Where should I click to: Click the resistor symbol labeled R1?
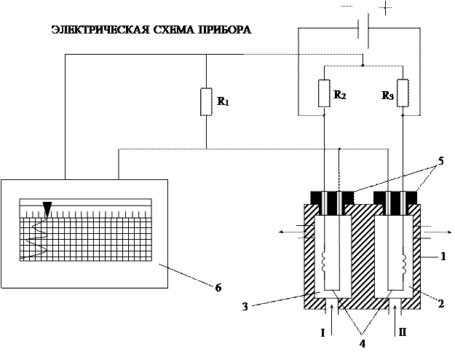point(206,102)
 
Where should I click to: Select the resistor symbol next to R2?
point(324,93)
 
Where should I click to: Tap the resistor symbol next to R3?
point(403,93)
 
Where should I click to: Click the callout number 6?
point(218,288)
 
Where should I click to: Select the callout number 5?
point(440,161)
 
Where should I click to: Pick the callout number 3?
point(245,307)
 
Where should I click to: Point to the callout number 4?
point(363,344)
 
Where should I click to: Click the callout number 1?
point(443,257)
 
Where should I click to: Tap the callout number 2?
point(440,304)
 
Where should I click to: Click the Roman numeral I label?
point(323,333)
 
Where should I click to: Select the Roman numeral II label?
point(402,332)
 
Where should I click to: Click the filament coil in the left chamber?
point(324,262)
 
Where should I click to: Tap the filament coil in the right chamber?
point(403,262)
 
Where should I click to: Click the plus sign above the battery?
point(385,8)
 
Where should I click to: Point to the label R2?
point(339,95)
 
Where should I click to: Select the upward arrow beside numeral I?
point(331,321)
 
